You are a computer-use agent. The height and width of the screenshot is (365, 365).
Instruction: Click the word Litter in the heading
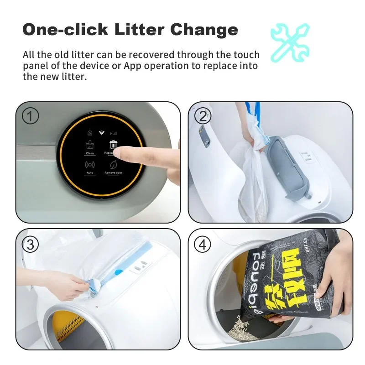pyautogui.click(x=135, y=30)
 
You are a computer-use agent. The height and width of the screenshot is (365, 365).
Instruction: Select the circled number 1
pyautogui.click(x=31, y=116)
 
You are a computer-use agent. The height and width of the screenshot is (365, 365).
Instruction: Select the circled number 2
pyautogui.click(x=203, y=116)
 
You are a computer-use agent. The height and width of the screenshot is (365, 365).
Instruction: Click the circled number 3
pyautogui.click(x=31, y=245)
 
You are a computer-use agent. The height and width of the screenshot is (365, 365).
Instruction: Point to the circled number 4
pyautogui.click(x=203, y=245)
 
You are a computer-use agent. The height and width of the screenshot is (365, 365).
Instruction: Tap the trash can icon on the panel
pyautogui.click(x=113, y=145)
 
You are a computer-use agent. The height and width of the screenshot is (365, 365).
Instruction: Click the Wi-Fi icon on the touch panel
pyautogui.click(x=102, y=133)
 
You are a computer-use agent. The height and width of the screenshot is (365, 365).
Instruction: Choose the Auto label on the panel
pyautogui.click(x=90, y=173)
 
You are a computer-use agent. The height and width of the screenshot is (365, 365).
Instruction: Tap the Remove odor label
pyautogui.click(x=113, y=173)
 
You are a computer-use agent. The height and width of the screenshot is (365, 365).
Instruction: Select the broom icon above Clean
pyautogui.click(x=90, y=145)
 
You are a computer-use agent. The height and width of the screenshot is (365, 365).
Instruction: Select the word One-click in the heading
pyautogui.click(x=64, y=30)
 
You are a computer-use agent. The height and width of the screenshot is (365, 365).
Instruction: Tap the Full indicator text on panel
pyautogui.click(x=113, y=133)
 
